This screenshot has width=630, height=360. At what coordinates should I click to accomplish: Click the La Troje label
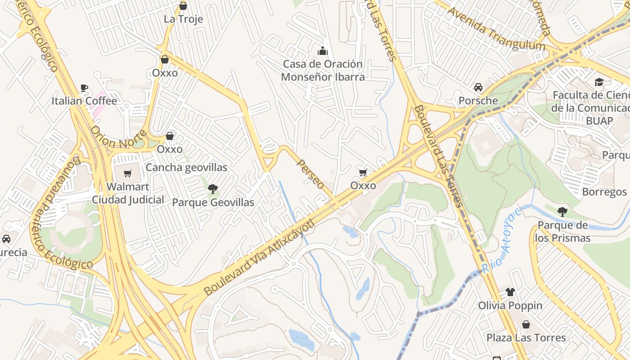(x=183, y=19)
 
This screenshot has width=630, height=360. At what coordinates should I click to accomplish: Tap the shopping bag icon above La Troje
(x=183, y=6)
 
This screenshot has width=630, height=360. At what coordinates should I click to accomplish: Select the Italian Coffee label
(x=84, y=101)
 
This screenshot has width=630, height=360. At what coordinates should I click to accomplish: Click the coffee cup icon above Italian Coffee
(x=84, y=88)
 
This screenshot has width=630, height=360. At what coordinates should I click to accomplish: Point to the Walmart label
(x=128, y=186)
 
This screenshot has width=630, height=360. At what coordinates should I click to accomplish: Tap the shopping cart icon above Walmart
(x=128, y=173)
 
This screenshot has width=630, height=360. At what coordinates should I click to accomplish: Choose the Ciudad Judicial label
(x=128, y=199)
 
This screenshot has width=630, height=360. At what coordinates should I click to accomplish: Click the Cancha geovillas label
(x=186, y=167)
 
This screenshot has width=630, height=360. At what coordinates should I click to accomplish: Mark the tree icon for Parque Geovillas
(x=213, y=189)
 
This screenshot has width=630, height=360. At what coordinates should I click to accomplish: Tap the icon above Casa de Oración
(x=323, y=50)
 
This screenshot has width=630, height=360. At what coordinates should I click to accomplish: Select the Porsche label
(x=478, y=100)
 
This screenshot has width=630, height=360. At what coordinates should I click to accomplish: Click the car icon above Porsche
(x=478, y=87)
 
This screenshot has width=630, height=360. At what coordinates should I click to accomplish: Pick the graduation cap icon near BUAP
(x=599, y=82)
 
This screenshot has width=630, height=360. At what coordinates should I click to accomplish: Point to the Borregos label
(x=604, y=192)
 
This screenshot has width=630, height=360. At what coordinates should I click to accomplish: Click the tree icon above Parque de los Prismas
(x=562, y=211)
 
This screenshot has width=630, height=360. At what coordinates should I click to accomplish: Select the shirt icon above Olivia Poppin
(x=510, y=292)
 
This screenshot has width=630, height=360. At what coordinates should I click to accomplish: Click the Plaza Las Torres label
(x=526, y=337)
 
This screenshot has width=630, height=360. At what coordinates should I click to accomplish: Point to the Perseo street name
(x=310, y=174)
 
